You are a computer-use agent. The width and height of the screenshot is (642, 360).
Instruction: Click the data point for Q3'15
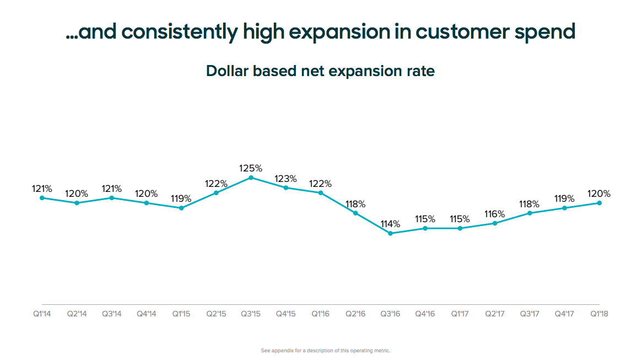coord(251,178)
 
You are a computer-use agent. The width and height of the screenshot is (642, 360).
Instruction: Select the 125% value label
coord(251,168)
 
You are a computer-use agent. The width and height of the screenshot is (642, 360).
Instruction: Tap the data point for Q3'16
coord(390,233)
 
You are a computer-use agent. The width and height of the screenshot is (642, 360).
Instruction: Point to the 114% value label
coord(390,224)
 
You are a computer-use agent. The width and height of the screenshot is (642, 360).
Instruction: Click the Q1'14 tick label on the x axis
coord(42,314)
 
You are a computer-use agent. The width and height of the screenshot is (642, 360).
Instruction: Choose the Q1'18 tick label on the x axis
coord(599,314)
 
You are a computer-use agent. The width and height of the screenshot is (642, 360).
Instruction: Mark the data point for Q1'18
coord(599,203)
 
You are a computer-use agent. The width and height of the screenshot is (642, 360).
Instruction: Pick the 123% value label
coord(285,179)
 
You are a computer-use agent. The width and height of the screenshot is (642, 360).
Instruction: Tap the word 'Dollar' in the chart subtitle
coord(225,71)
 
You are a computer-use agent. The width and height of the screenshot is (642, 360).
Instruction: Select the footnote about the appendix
coord(325,351)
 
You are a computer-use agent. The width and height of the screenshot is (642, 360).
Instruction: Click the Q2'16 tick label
coord(355,314)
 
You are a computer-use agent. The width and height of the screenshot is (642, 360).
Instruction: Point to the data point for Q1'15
coord(181,208)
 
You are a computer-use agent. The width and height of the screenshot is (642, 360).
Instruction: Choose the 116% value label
coord(495,214)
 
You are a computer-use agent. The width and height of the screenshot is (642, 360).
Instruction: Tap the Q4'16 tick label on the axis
coord(425,314)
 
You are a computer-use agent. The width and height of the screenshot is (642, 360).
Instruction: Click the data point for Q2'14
coord(77,203)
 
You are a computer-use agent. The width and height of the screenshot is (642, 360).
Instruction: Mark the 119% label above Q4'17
coord(564,198)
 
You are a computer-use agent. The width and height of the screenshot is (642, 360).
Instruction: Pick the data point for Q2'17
coord(495,223)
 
